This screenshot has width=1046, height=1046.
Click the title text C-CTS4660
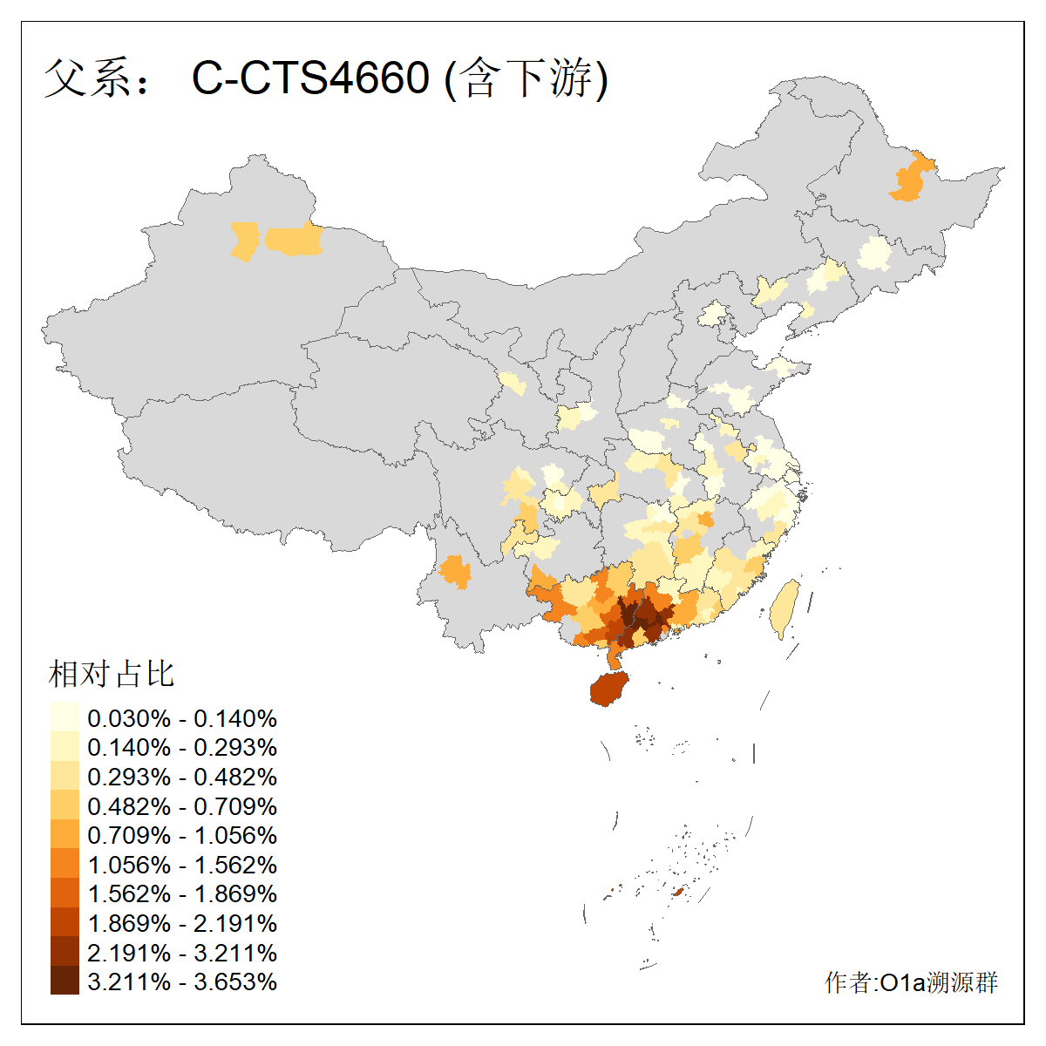coord(310,78)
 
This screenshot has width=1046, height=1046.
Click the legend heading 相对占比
coord(112,674)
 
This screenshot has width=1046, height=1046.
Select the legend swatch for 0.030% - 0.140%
coord(65,717)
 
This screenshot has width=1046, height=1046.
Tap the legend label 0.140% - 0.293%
coord(182,748)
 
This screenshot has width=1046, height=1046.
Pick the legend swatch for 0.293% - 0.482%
coord(65,777)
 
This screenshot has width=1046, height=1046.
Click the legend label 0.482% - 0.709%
coord(182,806)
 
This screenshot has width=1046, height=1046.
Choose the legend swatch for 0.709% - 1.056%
coord(65,835)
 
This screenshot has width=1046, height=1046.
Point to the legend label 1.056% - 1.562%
coord(182,865)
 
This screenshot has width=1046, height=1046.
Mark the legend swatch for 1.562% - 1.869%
coord(65,893)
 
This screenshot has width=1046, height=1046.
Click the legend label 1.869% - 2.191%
coord(182,923)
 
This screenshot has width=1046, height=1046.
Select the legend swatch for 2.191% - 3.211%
coord(65,952)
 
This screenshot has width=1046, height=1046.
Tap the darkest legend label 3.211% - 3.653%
coord(182,981)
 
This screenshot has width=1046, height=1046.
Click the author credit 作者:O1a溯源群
coord(911,982)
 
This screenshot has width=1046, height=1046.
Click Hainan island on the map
coord(608,689)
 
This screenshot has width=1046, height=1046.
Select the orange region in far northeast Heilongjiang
coord(910,179)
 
